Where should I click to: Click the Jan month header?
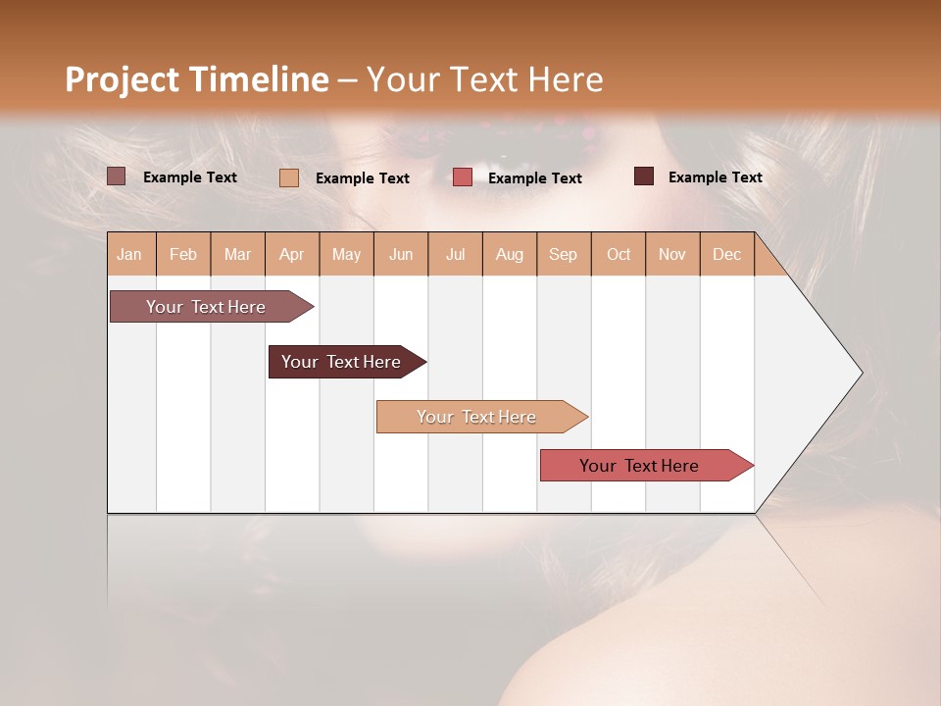pos(129,254)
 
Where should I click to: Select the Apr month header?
pos(292,254)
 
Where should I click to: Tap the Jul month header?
pos(455,254)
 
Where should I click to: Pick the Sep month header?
pos(563,254)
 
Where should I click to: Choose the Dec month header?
pos(726,254)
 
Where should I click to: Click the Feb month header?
pos(183,254)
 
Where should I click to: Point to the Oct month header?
pos(619,254)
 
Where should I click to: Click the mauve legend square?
pos(117,176)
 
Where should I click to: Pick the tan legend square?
pos(289,177)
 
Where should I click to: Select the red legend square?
pos(463,176)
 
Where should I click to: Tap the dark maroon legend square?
pos(644,176)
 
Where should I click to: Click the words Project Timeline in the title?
pos(196,79)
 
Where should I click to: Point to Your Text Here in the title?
pos(484,79)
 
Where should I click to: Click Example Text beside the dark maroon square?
pos(715,176)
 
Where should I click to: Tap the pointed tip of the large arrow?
pos(859,373)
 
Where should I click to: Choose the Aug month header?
pos(510,254)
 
